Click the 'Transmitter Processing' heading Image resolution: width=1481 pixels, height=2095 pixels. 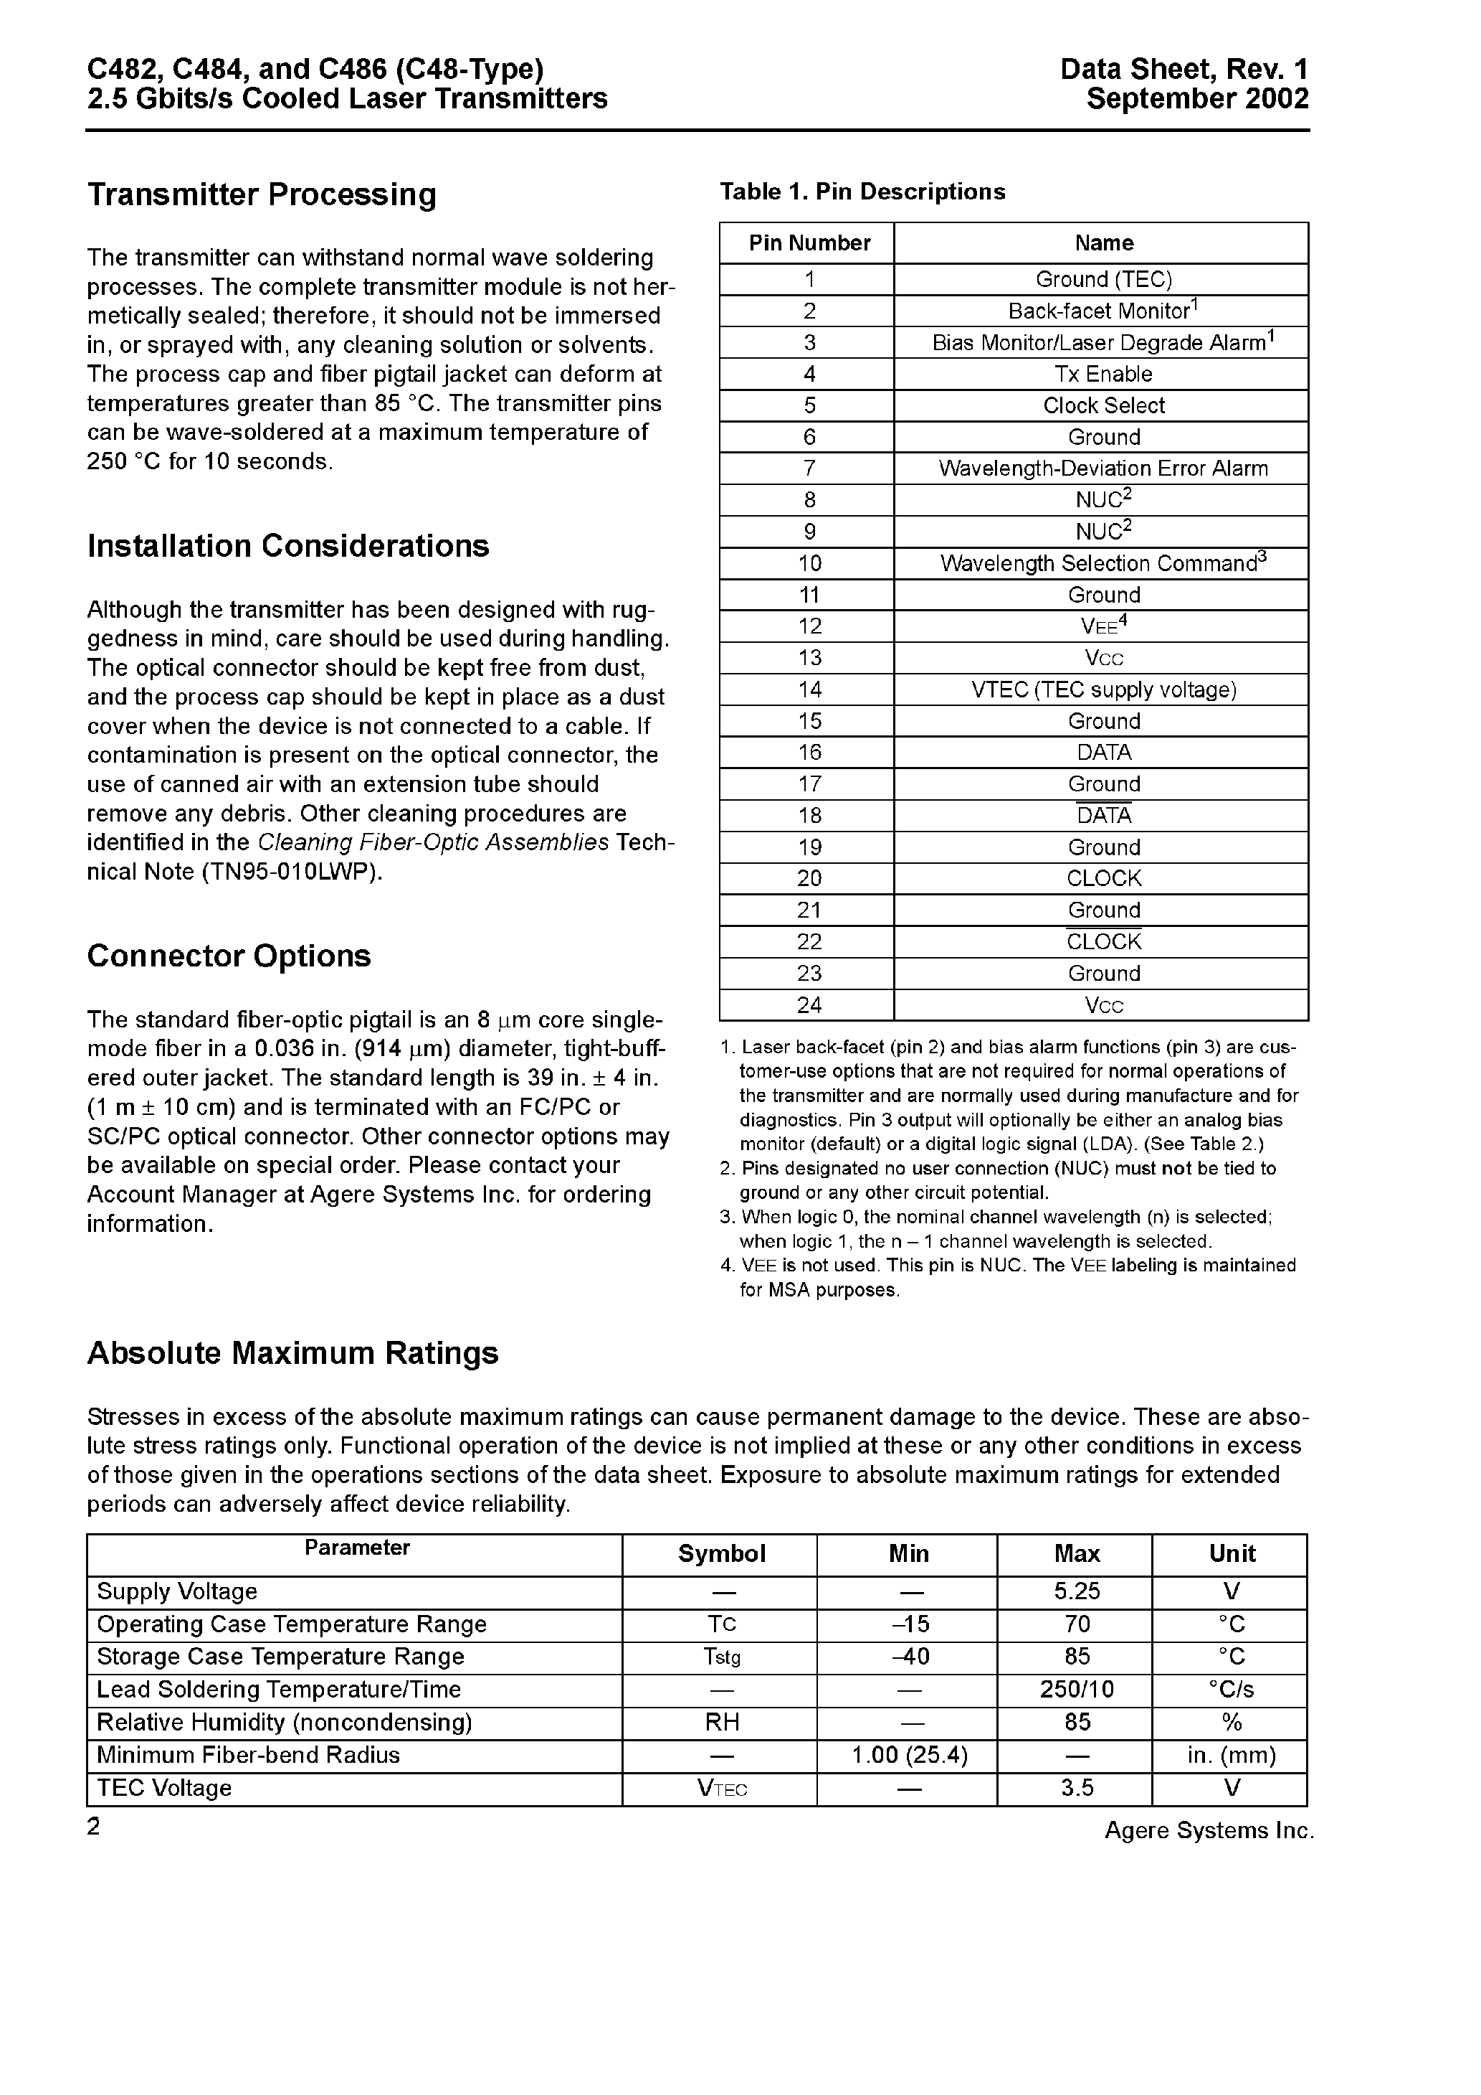click(262, 194)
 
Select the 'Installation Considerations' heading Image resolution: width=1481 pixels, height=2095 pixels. click(288, 546)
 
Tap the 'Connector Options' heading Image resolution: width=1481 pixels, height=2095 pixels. click(229, 956)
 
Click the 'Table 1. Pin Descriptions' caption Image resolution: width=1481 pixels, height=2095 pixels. click(862, 192)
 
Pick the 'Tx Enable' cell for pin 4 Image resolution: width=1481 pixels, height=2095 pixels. click(1103, 374)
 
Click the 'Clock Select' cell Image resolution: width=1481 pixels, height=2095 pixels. click(1103, 405)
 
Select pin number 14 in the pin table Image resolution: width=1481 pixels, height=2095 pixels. click(809, 689)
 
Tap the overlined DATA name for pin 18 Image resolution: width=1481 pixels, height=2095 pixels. click(1103, 815)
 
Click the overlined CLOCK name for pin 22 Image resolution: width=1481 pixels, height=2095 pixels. click(1103, 941)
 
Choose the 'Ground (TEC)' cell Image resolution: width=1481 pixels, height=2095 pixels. click(1103, 279)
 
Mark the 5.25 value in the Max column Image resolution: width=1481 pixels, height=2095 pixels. click(1077, 1591)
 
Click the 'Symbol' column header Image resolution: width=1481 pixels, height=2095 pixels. click(721, 1554)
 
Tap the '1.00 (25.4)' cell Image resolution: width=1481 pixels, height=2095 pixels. click(909, 1755)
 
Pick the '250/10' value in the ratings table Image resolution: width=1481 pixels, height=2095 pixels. click(1077, 1689)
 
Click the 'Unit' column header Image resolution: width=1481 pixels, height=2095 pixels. click(1232, 1554)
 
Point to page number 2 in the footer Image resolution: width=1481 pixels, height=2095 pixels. click(93, 1827)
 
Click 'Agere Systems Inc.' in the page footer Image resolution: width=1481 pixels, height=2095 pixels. click(1209, 1830)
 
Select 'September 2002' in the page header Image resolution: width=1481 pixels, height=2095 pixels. click(1197, 98)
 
